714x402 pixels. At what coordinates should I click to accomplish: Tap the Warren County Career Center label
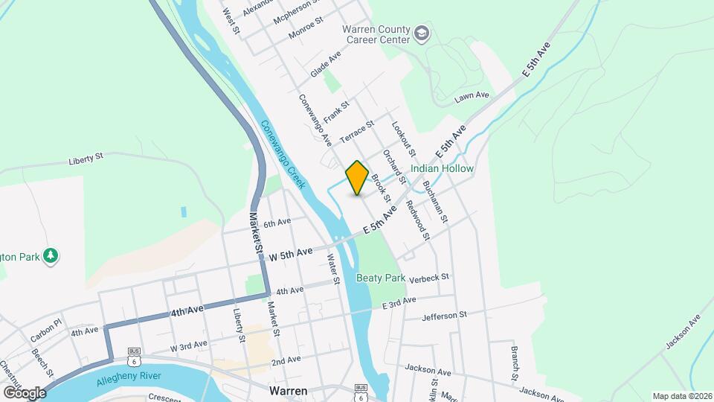(376, 33)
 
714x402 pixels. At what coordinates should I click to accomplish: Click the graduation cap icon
(422, 33)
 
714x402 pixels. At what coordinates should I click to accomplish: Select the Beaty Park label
(380, 278)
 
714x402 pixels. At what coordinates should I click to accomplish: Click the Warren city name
(289, 390)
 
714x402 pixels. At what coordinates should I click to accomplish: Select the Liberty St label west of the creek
(85, 159)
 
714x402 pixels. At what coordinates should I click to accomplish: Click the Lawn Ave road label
(472, 95)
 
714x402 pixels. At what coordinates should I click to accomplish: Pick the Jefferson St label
(444, 316)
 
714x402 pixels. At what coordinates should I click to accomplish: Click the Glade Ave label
(325, 64)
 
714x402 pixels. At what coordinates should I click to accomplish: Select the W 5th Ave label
(291, 253)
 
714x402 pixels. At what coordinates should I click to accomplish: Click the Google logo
(24, 392)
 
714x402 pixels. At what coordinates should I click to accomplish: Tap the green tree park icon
(51, 256)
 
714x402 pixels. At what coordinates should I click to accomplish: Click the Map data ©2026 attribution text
(681, 396)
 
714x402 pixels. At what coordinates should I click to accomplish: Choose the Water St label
(332, 269)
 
